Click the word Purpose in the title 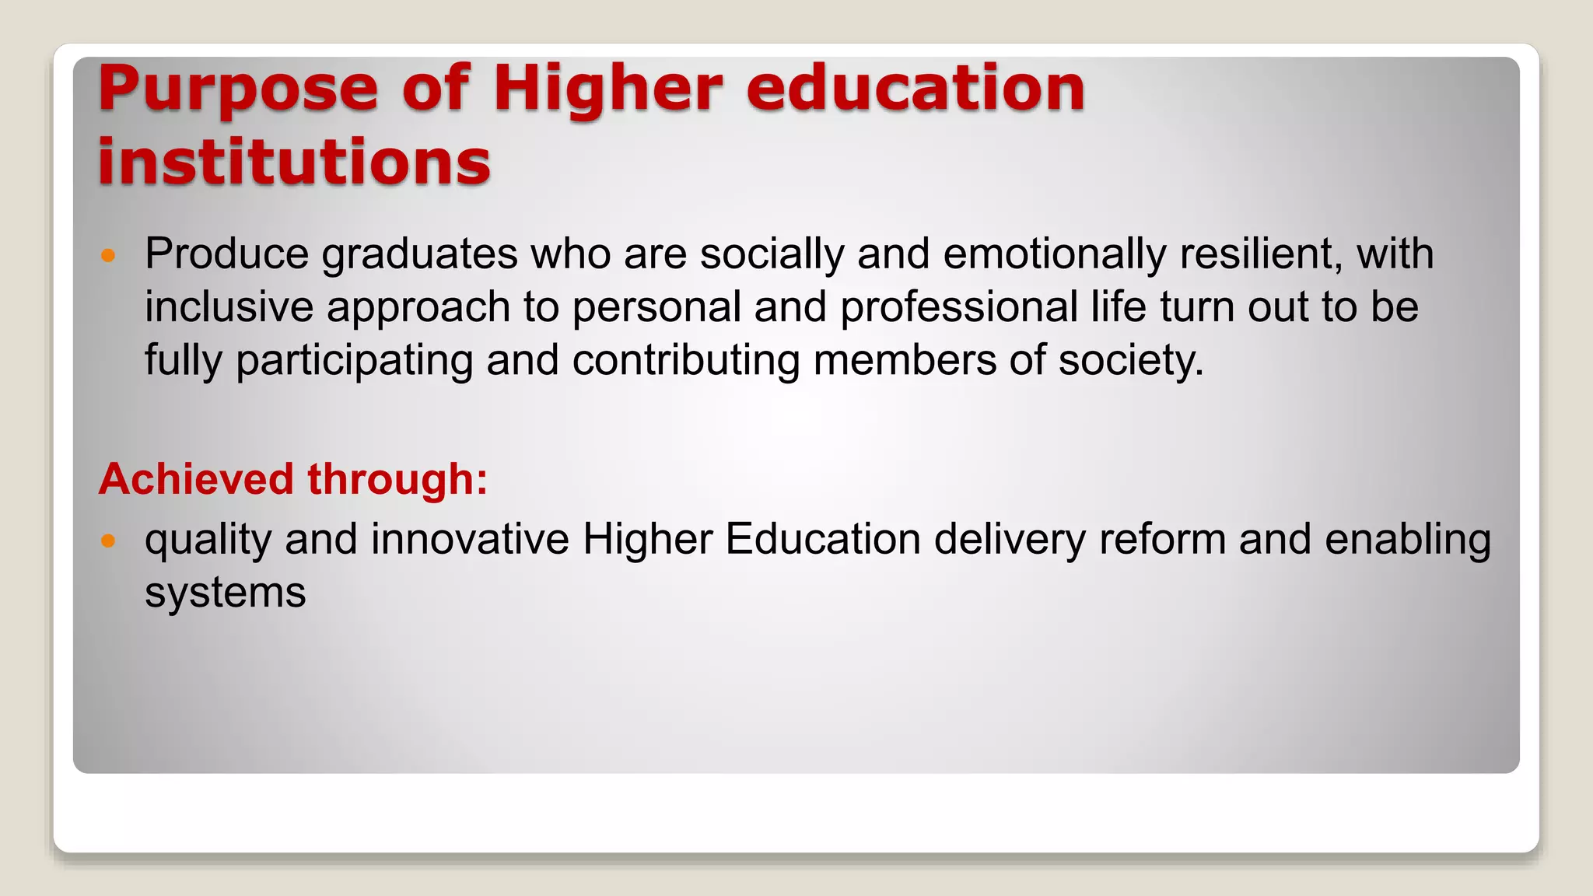coord(238,89)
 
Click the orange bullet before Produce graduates coord(108,255)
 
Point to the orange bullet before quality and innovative coord(108,541)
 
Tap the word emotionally coord(1055,254)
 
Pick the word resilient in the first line coord(1260,254)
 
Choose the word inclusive coord(229,306)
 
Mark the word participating coord(355,361)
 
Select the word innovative coord(470,539)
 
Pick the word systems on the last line coord(226,593)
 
